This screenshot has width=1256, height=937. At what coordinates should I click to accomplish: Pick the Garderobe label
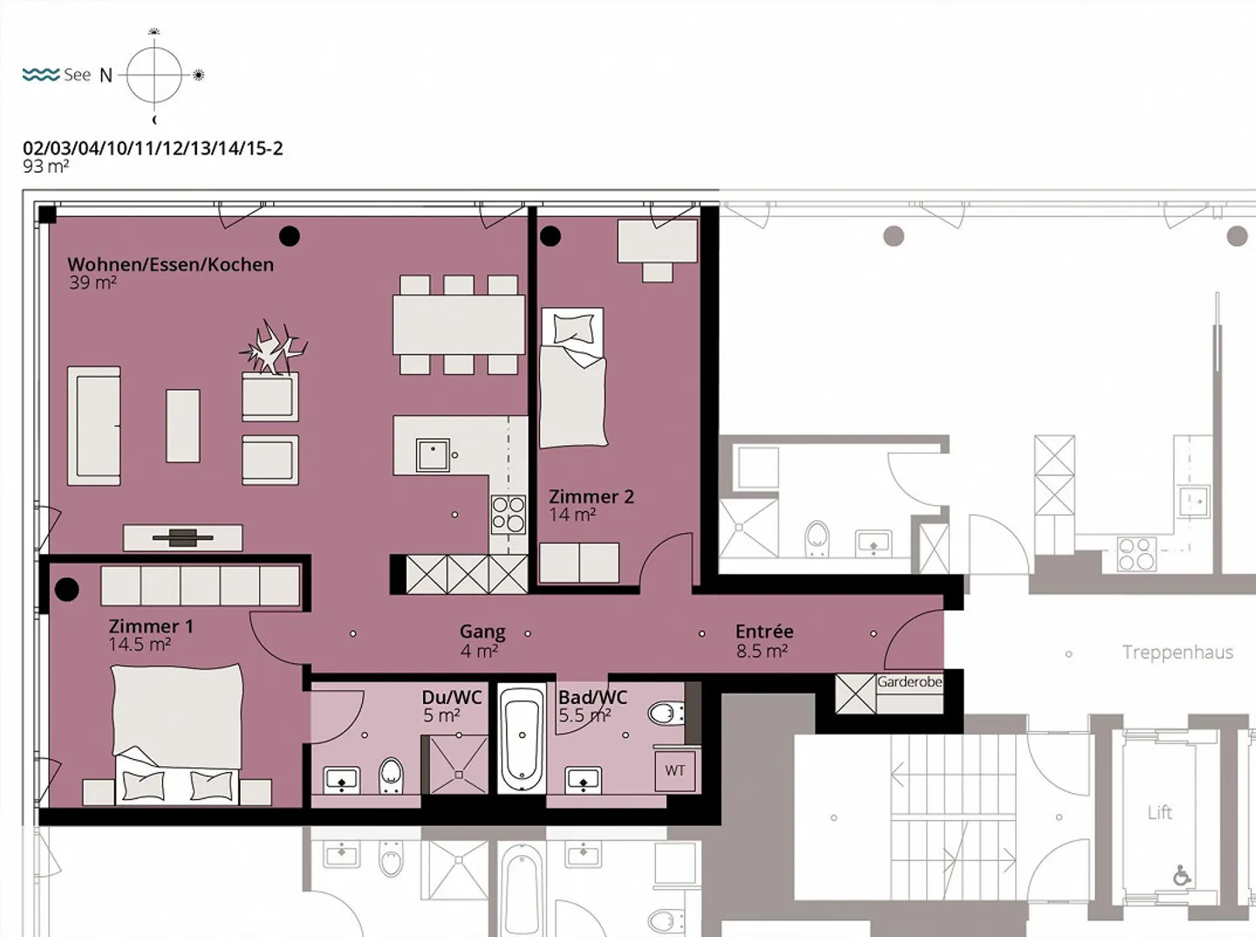[909, 681]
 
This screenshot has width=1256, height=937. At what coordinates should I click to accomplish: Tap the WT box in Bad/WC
[675, 770]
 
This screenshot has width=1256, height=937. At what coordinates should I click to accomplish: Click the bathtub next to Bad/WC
[522, 738]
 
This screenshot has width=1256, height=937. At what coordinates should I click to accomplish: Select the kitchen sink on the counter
[433, 455]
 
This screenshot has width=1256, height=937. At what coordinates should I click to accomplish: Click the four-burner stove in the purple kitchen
[509, 514]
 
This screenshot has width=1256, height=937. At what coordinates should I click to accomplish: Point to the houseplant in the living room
[272, 348]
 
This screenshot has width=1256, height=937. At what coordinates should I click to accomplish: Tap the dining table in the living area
[458, 325]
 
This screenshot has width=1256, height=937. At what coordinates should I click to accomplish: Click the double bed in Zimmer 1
[177, 735]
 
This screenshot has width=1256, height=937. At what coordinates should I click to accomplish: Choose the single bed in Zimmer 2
[573, 378]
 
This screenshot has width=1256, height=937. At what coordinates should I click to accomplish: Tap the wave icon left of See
[41, 74]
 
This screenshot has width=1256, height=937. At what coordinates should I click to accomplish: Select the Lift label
[1159, 812]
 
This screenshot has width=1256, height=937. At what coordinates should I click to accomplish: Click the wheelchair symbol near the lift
[1182, 876]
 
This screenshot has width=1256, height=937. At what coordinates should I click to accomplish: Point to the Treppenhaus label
[1177, 653]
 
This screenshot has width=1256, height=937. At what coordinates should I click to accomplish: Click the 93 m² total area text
[45, 167]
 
